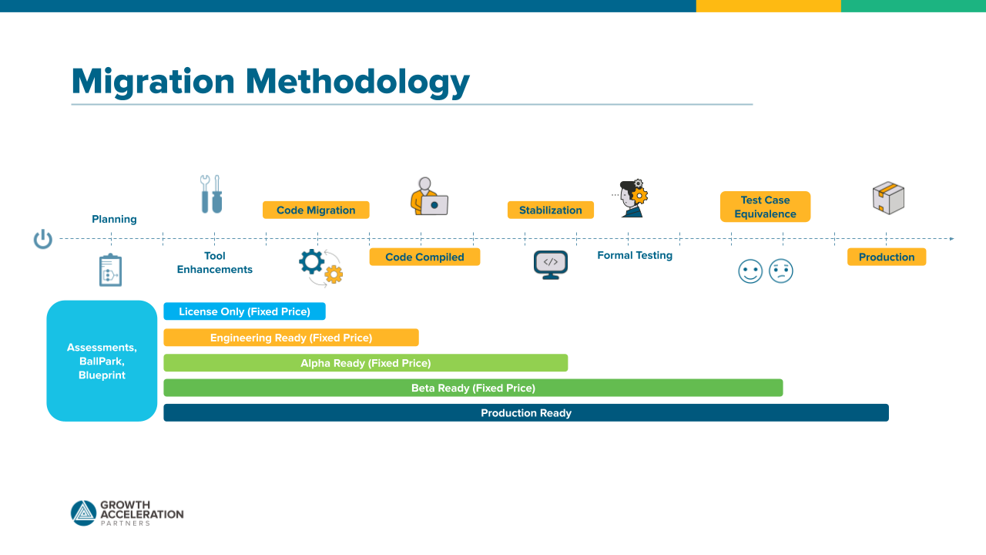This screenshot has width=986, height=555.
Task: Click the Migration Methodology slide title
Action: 270,82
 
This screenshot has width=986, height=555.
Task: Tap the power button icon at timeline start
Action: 43,239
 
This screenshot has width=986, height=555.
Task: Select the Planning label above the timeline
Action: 114,219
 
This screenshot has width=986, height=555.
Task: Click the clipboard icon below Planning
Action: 111,270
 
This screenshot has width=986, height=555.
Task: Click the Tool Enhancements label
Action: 215,263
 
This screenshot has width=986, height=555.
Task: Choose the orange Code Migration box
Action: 316,210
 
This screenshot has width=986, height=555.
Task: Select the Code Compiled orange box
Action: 424,257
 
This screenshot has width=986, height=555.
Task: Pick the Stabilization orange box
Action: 550,210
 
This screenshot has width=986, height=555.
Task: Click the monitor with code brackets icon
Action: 551,264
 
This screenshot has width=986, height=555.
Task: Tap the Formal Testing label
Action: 635,255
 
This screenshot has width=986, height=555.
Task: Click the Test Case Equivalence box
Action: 765,207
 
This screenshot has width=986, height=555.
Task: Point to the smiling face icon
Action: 750,271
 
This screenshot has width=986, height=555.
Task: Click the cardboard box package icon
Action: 888,198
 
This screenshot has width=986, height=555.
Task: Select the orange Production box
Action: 887,257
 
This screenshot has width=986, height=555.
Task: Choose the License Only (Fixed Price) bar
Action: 244,311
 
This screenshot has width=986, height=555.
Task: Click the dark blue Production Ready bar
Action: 526,413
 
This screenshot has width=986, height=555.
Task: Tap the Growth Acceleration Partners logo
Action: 127,513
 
